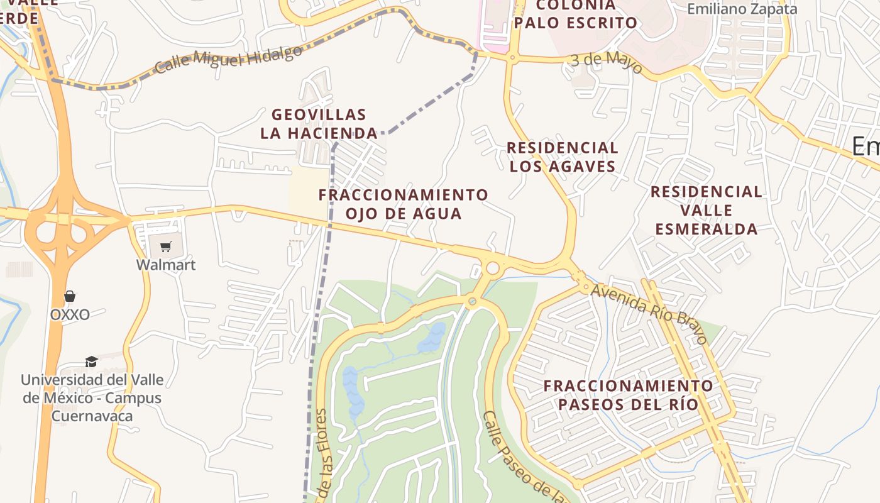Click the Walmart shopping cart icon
(165, 246)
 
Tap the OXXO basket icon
(70, 296)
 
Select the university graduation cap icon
(92, 362)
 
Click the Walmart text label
(166, 265)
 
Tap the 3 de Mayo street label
(607, 62)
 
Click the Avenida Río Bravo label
(649, 312)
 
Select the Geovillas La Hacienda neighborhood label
(319, 124)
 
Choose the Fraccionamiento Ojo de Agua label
(403, 204)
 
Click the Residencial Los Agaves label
(563, 157)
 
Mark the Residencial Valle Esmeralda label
(707, 210)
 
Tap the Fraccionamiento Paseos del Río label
(629, 395)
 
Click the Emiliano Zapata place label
(742, 9)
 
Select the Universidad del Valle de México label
(92, 398)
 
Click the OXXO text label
(70, 314)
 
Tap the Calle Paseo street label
(523, 456)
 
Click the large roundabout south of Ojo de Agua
(492, 268)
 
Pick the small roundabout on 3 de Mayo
(512, 58)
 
